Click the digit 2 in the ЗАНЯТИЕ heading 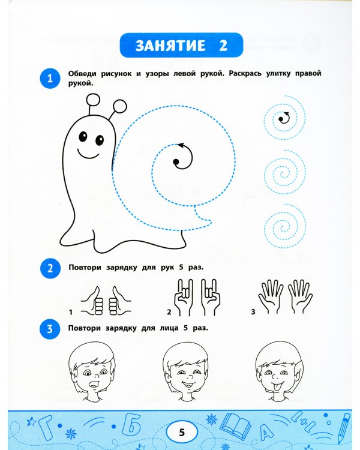tap(223, 46)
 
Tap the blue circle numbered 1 tap(50, 78)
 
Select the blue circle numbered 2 tap(50, 268)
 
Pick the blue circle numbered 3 tap(50, 329)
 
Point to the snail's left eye tap(83, 136)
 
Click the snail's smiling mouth tap(88, 154)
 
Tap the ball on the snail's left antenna tap(93, 100)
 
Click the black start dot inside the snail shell tap(176, 162)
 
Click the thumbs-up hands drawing tap(106, 301)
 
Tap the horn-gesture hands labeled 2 tap(197, 297)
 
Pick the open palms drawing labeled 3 tap(286, 297)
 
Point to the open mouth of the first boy tap(94, 384)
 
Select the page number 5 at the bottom tap(182, 432)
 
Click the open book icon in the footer tap(237, 425)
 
